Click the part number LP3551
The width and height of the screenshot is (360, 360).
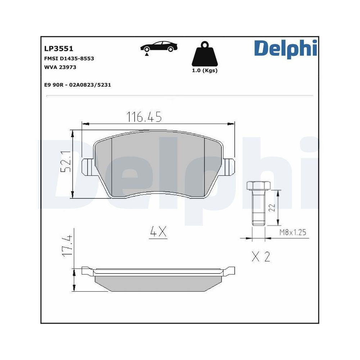(58, 48)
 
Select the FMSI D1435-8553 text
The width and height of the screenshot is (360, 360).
(69, 58)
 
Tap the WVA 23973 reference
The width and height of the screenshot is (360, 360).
(60, 67)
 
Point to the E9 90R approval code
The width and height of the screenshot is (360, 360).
(77, 85)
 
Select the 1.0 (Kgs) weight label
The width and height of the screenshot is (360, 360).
(204, 71)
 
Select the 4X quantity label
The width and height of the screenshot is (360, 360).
(158, 233)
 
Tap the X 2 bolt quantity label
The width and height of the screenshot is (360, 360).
(261, 257)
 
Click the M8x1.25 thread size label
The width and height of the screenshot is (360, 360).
(292, 233)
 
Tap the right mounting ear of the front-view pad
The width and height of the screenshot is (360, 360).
(229, 167)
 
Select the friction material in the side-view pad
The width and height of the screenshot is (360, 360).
(158, 283)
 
